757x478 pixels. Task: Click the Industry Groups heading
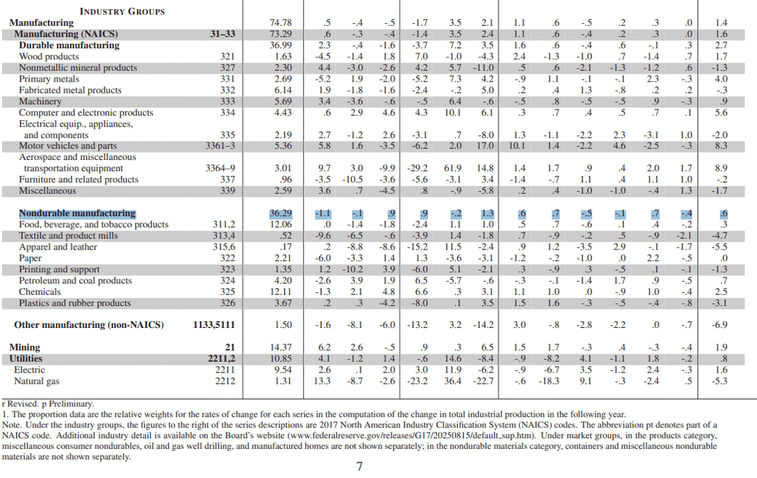[122, 11]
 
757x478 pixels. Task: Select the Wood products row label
[49, 56]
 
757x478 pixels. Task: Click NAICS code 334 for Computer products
[227, 112]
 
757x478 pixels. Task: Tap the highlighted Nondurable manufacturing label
[77, 213]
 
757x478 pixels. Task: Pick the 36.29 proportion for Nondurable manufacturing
[280, 213]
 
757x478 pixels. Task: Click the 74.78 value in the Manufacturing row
[280, 23]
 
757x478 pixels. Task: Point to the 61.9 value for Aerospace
[453, 169]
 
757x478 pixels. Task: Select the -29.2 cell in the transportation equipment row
[417, 169]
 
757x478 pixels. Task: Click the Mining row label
[25, 347]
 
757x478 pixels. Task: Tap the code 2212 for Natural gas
[225, 381]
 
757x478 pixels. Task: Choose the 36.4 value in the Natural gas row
[453, 381]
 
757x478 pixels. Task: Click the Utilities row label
[25, 358]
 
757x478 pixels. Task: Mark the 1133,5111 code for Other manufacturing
[214, 325]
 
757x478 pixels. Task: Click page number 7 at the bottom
[359, 467]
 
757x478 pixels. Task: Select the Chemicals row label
[40, 292]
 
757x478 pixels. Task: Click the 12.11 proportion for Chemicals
[281, 292]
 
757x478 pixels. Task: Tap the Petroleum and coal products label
[75, 281]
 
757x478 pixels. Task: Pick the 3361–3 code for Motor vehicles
[220, 145]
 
